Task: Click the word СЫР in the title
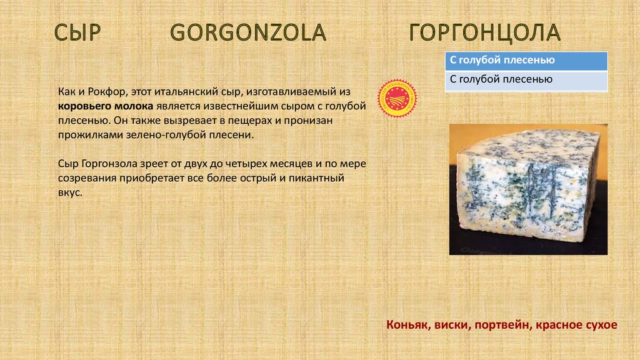[x=77, y=32]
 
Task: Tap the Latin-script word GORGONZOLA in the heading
[x=248, y=32]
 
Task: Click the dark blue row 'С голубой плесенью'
[x=526, y=61]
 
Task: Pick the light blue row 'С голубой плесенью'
[x=526, y=80]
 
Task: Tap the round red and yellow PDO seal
[x=397, y=98]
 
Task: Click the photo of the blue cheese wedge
[x=528, y=189]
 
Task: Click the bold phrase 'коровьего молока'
[x=105, y=106]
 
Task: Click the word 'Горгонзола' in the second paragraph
[x=109, y=164]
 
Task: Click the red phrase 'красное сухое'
[x=577, y=325]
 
